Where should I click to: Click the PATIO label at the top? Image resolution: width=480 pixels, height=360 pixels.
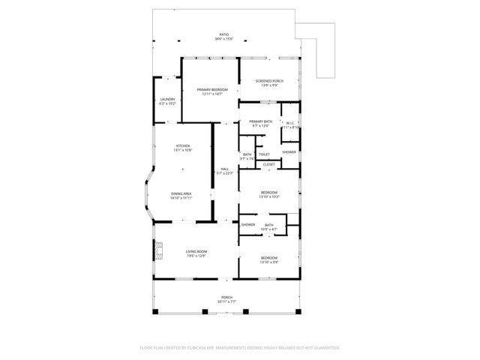pyautogui.click(x=223, y=34)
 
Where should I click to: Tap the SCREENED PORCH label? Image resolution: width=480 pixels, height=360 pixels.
pyautogui.click(x=268, y=80)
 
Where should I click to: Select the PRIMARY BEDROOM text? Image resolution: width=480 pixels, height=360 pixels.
pyautogui.click(x=212, y=89)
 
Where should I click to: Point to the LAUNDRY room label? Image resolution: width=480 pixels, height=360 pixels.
pyautogui.click(x=167, y=99)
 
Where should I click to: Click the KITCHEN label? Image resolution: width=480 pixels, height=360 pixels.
pyautogui.click(x=183, y=145)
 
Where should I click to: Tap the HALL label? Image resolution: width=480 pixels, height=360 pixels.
pyautogui.click(x=224, y=168)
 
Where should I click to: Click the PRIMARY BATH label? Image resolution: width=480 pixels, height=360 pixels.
pyautogui.click(x=260, y=121)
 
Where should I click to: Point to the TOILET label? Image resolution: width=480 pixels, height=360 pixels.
pyautogui.click(x=264, y=154)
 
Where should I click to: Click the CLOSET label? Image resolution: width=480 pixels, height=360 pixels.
pyautogui.click(x=268, y=164)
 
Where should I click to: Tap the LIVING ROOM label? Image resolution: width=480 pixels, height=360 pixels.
pyautogui.click(x=197, y=251)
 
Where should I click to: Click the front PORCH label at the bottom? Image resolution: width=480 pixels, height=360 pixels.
pyautogui.click(x=226, y=297)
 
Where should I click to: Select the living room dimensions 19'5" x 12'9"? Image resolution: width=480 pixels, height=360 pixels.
pyautogui.click(x=197, y=256)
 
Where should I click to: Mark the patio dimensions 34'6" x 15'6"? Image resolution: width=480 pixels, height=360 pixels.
pyautogui.click(x=223, y=40)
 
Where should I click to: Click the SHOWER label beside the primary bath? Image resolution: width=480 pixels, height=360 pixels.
pyautogui.click(x=289, y=152)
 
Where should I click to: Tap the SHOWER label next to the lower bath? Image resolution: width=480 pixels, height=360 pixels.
pyautogui.click(x=248, y=224)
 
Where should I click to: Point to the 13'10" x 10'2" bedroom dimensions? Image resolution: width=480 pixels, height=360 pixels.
pyautogui.click(x=269, y=197)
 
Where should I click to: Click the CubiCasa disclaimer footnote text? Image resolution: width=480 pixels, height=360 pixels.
pyautogui.click(x=240, y=347)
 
